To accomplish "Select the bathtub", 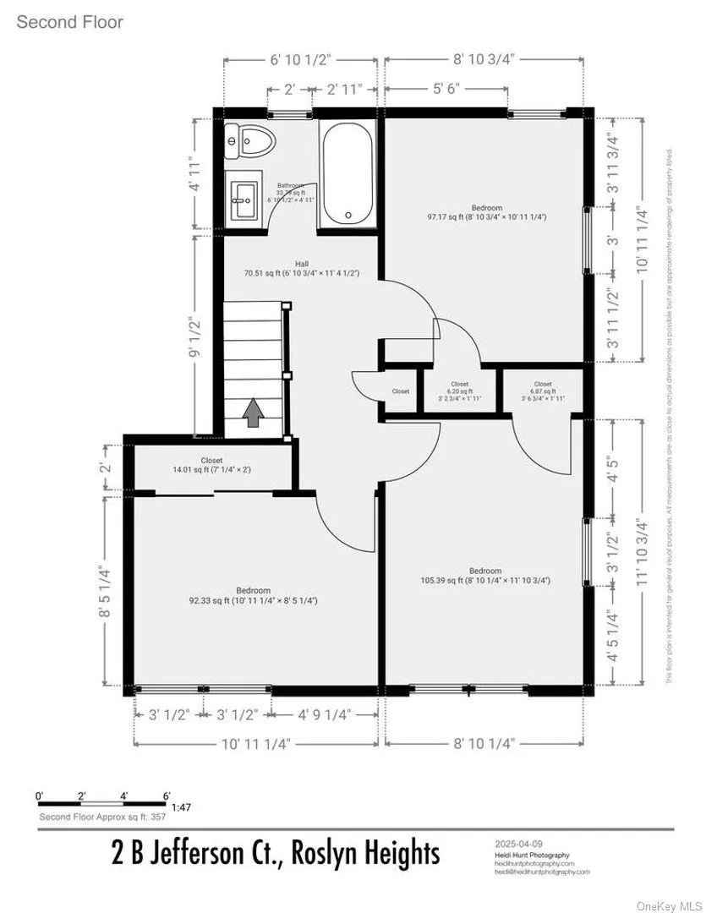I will (x=348, y=173).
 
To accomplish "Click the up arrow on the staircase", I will (x=253, y=413).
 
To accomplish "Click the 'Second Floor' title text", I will (x=69, y=22).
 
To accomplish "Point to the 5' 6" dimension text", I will (x=446, y=88).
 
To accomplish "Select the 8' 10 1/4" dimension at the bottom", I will (x=484, y=743).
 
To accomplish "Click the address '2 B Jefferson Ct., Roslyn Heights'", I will (x=276, y=855).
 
